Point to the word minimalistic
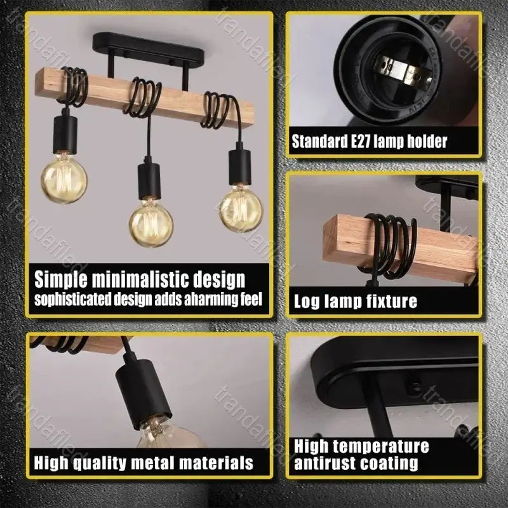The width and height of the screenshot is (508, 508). click(150, 279)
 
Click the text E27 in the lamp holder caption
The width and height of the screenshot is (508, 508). click(360, 142)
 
